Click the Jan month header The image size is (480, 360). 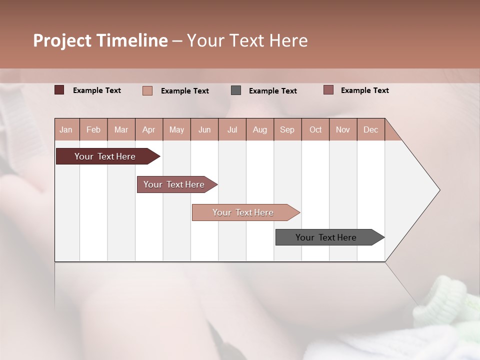point(66,129)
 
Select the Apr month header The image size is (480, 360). point(148,129)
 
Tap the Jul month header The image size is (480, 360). point(232,129)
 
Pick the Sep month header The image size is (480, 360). point(287,129)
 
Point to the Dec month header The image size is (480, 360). point(370,129)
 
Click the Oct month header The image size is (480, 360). point(315,129)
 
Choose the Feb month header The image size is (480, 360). point(93,129)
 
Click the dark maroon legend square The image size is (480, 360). point(59,90)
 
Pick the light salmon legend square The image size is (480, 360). point(147,90)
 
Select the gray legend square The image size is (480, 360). point(236,90)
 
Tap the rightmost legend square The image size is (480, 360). point(328,90)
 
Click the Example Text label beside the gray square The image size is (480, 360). point(272,91)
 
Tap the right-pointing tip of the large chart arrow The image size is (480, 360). point(438,190)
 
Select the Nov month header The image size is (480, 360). point(343,129)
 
